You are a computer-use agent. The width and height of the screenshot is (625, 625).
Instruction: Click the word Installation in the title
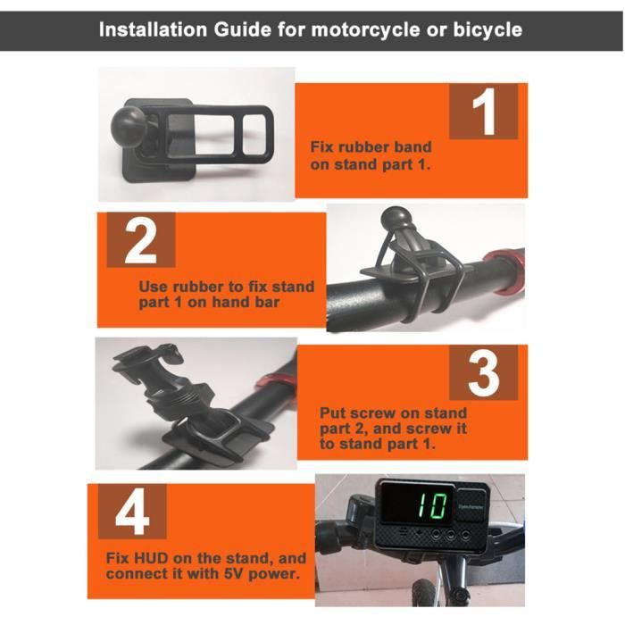(x=153, y=29)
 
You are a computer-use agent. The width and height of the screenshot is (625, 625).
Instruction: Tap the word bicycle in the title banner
(x=487, y=29)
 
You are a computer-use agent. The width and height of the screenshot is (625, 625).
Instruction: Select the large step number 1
(x=484, y=112)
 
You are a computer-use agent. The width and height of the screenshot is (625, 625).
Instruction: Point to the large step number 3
(x=484, y=373)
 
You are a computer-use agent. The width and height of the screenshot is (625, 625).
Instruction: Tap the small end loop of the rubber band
(x=258, y=134)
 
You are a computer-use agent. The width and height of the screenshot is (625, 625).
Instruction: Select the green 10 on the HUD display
(x=432, y=506)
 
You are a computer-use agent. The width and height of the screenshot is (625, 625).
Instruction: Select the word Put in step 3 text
(x=329, y=412)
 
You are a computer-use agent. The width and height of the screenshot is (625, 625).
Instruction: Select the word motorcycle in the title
(x=366, y=29)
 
